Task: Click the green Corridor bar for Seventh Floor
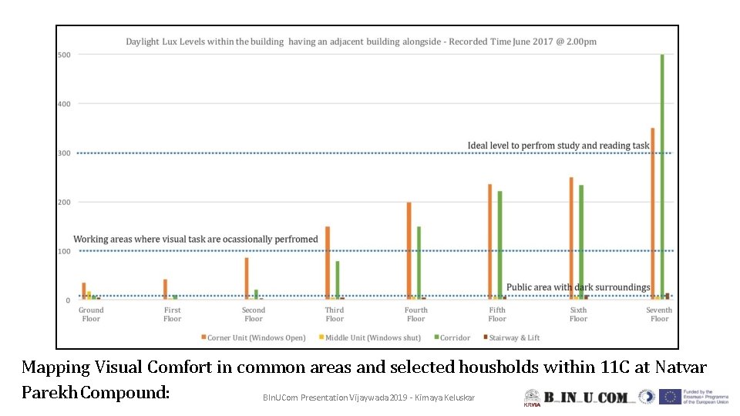pyautogui.click(x=661, y=177)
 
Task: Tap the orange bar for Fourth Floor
pyautogui.click(x=409, y=250)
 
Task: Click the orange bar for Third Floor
pyautogui.click(x=328, y=263)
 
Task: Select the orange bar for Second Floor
pyautogui.click(x=247, y=278)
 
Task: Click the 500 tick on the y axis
pyautogui.click(x=64, y=55)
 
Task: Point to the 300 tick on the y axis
pyautogui.click(x=64, y=153)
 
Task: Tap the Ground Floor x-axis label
pyautogui.click(x=91, y=314)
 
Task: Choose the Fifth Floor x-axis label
pyautogui.click(x=497, y=314)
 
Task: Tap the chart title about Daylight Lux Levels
pyautogui.click(x=361, y=42)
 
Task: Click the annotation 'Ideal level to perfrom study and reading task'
pyautogui.click(x=558, y=146)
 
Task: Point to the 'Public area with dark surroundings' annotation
pyautogui.click(x=577, y=287)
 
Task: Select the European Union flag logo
pyautogui.click(x=670, y=397)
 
